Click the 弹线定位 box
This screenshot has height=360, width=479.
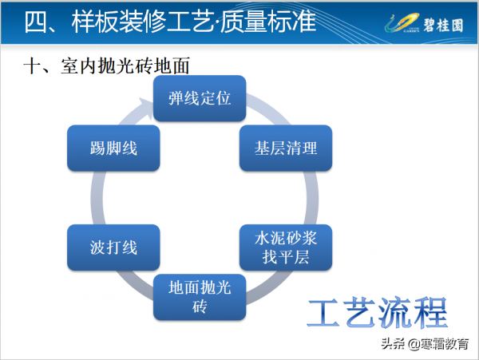[199, 99]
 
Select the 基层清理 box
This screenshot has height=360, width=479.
[286, 148]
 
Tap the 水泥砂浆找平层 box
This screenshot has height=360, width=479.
[286, 247]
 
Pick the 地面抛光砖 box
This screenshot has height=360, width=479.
[199, 297]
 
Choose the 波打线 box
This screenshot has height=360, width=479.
[113, 247]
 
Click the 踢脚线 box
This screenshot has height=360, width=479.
[113, 148]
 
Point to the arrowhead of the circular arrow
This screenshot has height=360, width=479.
[147, 103]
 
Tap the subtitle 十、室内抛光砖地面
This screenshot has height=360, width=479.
[109, 67]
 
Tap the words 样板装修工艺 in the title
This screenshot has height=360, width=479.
[141, 22]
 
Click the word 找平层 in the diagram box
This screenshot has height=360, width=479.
[286, 257]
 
